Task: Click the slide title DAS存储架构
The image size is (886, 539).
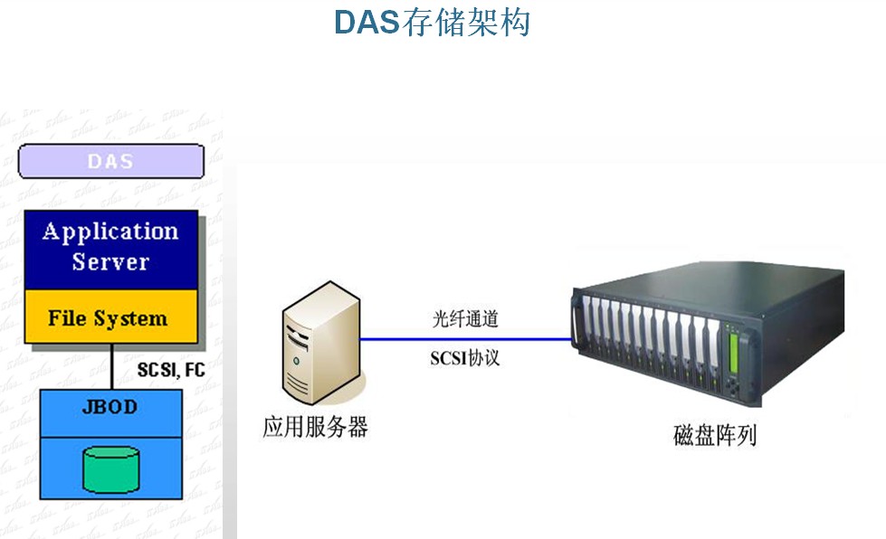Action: [x=433, y=23]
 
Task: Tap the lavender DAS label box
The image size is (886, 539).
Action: [x=111, y=161]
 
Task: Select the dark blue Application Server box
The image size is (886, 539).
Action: [x=111, y=250]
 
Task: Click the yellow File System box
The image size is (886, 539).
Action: [x=111, y=317]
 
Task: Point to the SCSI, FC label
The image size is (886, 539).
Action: [x=171, y=370]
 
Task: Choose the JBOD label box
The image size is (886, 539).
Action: [x=110, y=413]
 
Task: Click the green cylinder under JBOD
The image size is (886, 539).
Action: [x=110, y=469]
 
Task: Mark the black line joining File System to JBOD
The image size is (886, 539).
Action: [x=112, y=366]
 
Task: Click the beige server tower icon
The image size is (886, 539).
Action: [x=321, y=342]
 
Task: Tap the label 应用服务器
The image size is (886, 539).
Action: [x=315, y=427]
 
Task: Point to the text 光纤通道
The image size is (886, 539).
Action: [x=465, y=319]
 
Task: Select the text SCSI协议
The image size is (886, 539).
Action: [x=464, y=358]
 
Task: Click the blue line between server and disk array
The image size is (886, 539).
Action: [x=466, y=339]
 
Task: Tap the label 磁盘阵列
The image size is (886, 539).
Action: [x=715, y=435]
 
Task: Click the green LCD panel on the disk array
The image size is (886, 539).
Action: [x=734, y=354]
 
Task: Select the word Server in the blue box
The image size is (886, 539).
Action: [x=110, y=262]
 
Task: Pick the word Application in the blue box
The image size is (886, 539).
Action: [x=110, y=232]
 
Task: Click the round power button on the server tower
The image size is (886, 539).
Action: [x=296, y=361]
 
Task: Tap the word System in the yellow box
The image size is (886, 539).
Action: [x=130, y=319]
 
